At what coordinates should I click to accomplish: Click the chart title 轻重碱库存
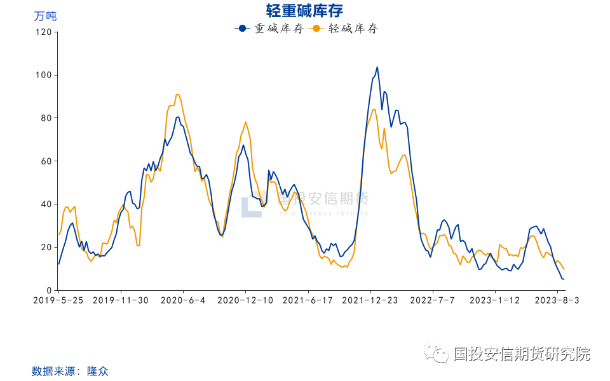coord(305,11)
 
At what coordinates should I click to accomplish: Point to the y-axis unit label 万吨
coord(45,16)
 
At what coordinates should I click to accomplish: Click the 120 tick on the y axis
coord(43,32)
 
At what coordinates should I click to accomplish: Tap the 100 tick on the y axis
coord(43,75)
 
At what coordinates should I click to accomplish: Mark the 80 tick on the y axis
coord(45,118)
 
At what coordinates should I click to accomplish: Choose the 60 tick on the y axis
coord(45,161)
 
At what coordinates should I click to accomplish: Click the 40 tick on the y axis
coord(45,204)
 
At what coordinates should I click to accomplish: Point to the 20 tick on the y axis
coord(45,248)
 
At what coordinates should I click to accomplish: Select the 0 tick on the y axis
coord(48,290)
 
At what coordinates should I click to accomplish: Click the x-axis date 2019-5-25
coord(58,300)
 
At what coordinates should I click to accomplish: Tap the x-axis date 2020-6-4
coord(183,300)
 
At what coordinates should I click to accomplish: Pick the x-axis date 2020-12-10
coord(245,300)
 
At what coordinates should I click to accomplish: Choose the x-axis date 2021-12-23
coord(370,300)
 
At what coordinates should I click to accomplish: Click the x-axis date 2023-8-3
coord(558,300)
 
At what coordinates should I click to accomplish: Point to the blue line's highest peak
coord(377,67)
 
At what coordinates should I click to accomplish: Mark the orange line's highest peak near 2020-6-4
coord(177,95)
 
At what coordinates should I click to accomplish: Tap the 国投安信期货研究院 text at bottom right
coord(521,354)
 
